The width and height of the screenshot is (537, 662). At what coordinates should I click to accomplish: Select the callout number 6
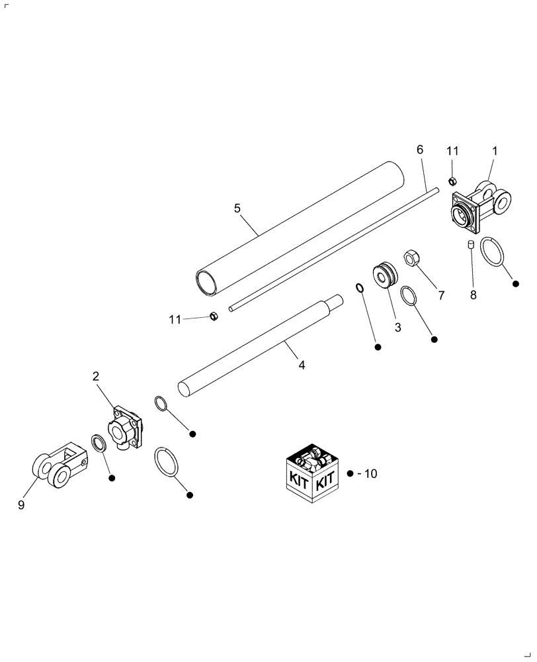coord(419,150)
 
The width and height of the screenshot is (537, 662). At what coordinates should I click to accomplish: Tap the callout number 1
coord(494,152)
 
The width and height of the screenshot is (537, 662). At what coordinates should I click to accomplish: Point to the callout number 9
coord(22,504)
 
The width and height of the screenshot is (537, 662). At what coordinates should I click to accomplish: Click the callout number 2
coord(96,376)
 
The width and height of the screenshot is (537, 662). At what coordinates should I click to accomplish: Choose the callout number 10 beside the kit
coord(370,474)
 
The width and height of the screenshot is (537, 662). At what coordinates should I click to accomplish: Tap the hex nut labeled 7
coord(409,258)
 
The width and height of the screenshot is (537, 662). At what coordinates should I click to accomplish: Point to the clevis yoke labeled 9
coord(58,467)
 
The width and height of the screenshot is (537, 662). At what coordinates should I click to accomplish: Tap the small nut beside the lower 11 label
coord(214,316)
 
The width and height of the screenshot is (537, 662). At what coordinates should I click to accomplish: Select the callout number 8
coord(473,296)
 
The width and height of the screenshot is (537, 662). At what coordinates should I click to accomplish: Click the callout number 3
coord(397,327)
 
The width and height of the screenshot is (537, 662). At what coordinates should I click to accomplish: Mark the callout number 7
coord(441,294)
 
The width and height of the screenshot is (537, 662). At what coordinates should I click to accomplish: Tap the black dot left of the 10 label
coord(351,474)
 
